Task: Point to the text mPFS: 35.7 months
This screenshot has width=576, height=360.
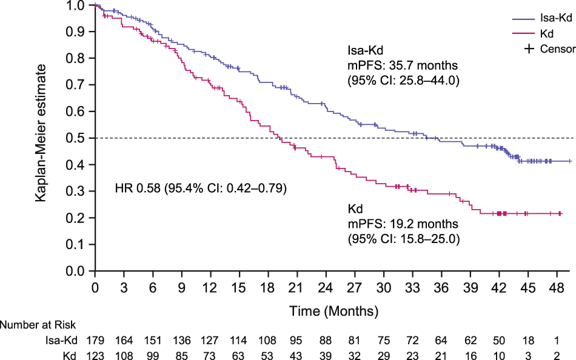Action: click(x=402, y=65)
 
